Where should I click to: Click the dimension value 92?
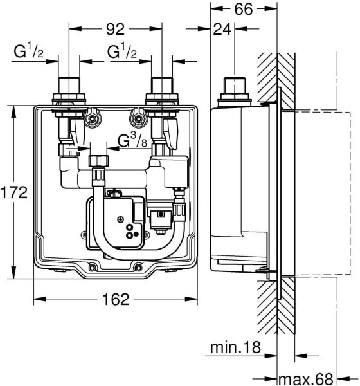pyautogui.click(x=115, y=28)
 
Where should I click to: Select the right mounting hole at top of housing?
pyautogui.click(x=136, y=117)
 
